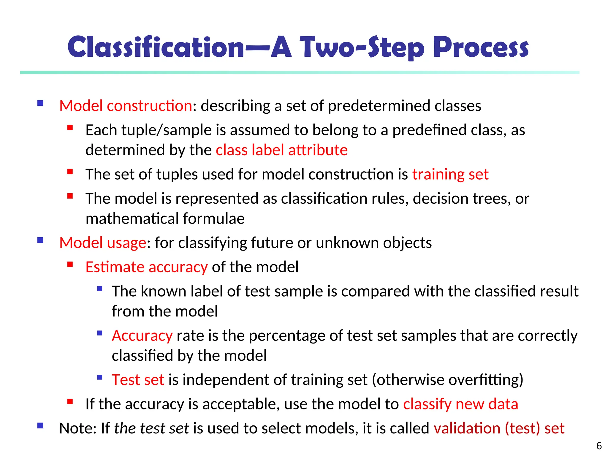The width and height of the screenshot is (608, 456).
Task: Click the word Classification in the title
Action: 156,47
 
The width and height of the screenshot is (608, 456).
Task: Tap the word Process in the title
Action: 481,47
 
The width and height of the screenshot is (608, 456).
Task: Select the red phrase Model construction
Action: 126,106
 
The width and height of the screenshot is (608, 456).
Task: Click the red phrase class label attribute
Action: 281,150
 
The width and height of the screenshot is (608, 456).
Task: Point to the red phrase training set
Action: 450,174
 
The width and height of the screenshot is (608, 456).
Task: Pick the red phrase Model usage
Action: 102,243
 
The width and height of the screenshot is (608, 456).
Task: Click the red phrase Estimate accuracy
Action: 146,267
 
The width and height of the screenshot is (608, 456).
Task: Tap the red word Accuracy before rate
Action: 142,336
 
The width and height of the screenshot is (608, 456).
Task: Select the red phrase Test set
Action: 138,380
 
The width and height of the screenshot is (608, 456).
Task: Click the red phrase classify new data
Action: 460,404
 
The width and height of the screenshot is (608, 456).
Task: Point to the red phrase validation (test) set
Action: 499,428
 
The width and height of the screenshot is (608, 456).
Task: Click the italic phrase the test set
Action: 151,428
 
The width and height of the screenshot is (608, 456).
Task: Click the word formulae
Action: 213,219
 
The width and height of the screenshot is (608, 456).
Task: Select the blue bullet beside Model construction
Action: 40,103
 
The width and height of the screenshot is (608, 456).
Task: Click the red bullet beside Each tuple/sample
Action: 70,128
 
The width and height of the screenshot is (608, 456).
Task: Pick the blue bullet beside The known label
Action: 100,289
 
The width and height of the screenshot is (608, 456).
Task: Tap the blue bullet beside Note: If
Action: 40,426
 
